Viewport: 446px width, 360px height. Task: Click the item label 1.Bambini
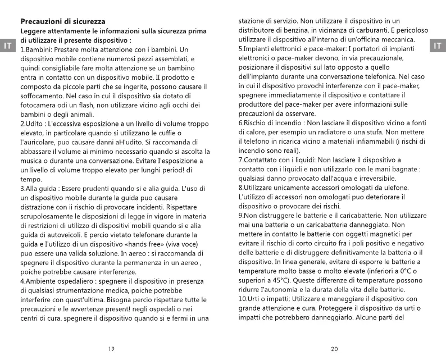(35, 50)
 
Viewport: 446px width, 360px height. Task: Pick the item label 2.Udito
(31, 123)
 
